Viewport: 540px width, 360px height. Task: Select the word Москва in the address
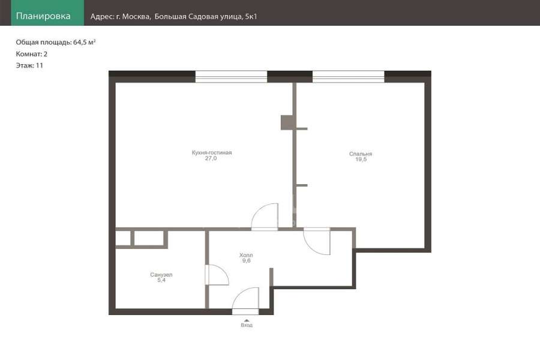point(136,17)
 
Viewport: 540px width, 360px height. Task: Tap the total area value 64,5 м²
point(85,42)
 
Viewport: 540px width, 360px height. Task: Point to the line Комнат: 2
point(32,54)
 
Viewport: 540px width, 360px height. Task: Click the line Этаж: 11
point(29,65)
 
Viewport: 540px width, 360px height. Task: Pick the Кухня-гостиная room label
point(212,152)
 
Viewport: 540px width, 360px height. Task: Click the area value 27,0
point(211,158)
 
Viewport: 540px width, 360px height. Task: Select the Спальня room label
point(361,154)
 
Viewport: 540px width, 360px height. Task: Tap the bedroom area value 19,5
point(361,160)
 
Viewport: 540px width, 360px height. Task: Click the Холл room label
point(246,255)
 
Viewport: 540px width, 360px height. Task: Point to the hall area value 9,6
point(246,261)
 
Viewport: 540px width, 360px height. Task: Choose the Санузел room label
point(161,275)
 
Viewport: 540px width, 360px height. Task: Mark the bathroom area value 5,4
point(161,280)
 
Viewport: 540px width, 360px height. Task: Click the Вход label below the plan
point(247,325)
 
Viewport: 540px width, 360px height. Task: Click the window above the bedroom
point(349,76)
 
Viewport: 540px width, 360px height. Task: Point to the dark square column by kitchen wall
point(287,122)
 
